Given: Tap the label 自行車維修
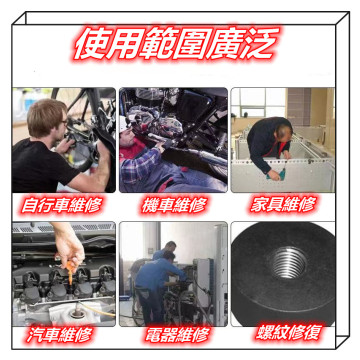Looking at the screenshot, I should tap(60, 205).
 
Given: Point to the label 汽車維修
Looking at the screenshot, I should tap(60, 334).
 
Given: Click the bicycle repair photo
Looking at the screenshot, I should tap(62, 139).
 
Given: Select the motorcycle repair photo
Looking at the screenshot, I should tap(173, 139).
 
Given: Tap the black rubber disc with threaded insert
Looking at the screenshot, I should tap(290, 275).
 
